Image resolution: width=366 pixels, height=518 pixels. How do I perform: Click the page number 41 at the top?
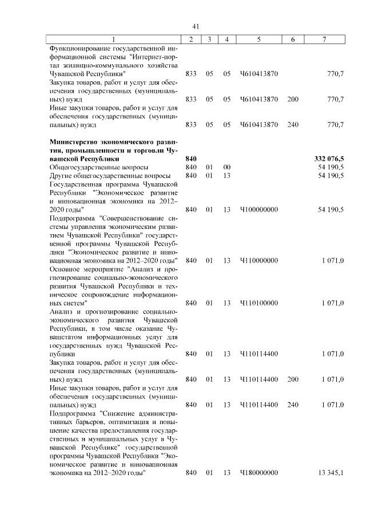195,26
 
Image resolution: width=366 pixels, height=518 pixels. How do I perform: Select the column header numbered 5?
258,39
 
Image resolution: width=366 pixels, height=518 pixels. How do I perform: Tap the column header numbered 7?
324,39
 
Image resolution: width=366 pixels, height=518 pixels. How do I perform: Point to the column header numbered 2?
191,39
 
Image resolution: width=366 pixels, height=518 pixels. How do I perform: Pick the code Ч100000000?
258,210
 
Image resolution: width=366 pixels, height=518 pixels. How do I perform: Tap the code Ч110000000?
258,260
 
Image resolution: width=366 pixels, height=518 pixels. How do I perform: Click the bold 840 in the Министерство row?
191,158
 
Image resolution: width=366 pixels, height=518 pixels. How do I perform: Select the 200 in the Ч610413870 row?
293,99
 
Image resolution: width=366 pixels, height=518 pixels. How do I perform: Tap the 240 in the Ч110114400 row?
293,404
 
